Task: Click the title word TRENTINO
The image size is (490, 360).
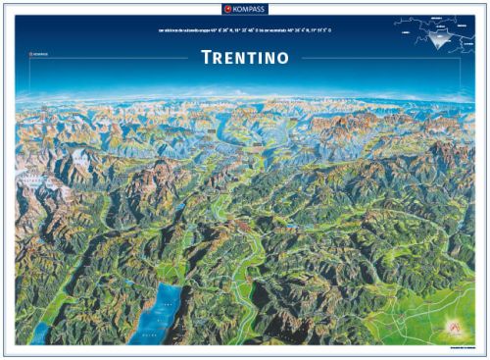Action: tap(244, 57)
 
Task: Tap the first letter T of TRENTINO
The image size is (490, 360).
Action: tap(205, 57)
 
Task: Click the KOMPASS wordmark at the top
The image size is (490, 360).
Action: tap(249, 8)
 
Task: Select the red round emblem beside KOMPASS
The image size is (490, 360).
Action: tap(227, 8)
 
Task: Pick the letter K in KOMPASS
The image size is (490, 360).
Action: tap(236, 8)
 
